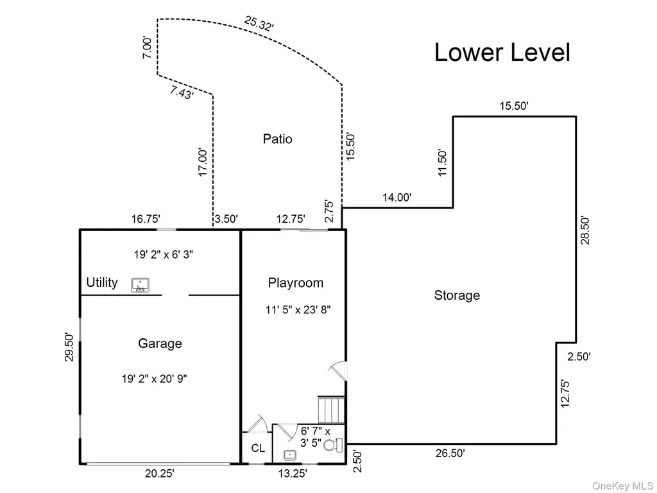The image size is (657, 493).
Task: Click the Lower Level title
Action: click(x=502, y=53)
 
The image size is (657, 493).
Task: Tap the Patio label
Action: click(x=277, y=139)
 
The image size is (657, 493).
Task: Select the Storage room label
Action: click(x=457, y=295)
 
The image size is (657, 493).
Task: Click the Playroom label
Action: click(x=296, y=283)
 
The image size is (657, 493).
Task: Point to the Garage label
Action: click(x=160, y=343)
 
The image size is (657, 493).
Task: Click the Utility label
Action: click(x=102, y=282)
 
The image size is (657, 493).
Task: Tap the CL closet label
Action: click(x=258, y=448)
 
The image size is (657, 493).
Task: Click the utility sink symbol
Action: click(x=141, y=285)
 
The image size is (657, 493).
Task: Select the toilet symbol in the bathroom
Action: click(x=334, y=445)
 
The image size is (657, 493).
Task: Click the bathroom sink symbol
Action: click(x=290, y=455)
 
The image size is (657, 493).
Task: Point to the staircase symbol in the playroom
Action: click(x=331, y=410)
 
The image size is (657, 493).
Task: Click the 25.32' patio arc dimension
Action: click(x=259, y=24)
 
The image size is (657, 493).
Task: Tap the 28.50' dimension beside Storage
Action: click(x=585, y=230)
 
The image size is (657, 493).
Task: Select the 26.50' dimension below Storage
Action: click(x=450, y=453)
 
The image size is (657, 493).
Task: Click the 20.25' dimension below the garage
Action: click(x=160, y=473)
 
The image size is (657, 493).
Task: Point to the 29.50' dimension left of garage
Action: click(x=69, y=347)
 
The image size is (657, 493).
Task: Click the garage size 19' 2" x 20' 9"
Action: click(x=154, y=379)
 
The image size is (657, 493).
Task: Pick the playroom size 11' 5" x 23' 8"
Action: click(x=298, y=310)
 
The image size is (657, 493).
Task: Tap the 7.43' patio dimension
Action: click(x=182, y=92)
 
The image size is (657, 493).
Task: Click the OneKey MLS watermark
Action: click(x=622, y=486)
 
